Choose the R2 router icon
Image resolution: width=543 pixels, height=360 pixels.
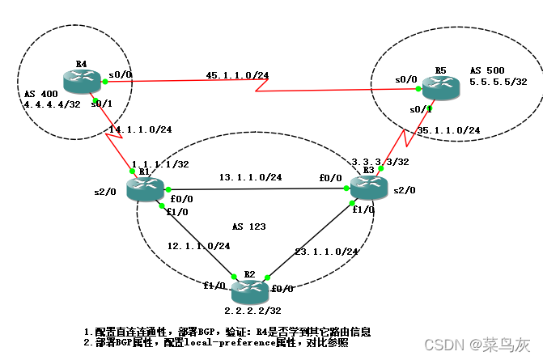point(248,289)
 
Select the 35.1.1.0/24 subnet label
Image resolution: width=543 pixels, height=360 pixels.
point(450,129)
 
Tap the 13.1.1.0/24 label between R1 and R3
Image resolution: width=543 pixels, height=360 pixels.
point(252,176)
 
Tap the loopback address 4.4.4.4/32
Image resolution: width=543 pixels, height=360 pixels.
point(40,104)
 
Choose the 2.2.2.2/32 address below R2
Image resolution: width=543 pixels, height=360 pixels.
point(252,310)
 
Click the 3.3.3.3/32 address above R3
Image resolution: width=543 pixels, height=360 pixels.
point(380,161)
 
